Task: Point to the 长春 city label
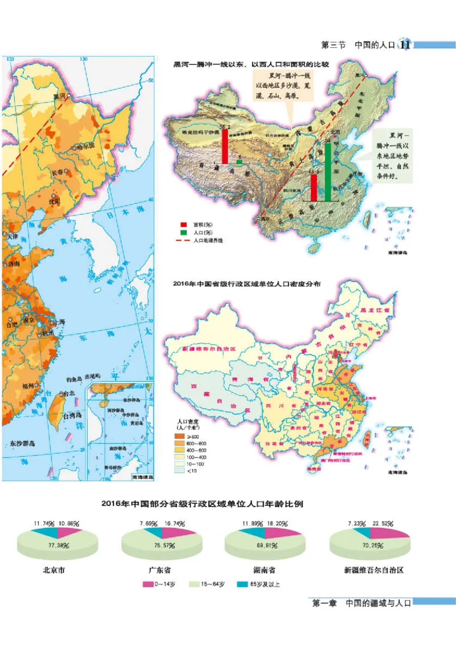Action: pyautogui.click(x=60, y=171)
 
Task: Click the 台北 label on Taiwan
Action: pyautogui.click(x=68, y=393)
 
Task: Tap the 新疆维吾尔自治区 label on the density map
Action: pyautogui.click(x=209, y=348)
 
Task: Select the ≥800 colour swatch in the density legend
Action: pyautogui.click(x=179, y=436)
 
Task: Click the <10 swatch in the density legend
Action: pyautogui.click(x=179, y=471)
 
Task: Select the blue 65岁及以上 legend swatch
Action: pyautogui.click(x=246, y=584)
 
